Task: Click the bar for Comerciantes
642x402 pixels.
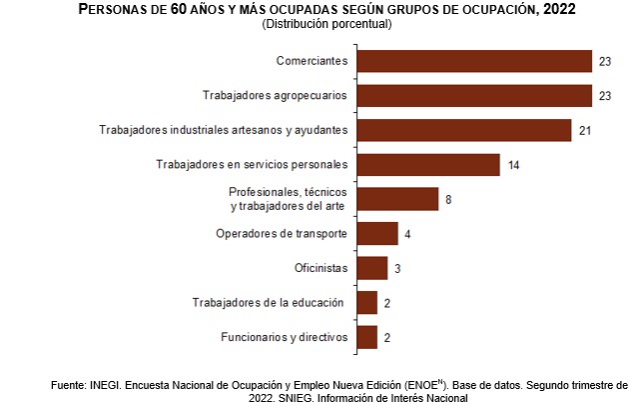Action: tap(474, 61)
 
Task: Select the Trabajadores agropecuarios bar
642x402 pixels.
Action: tap(474, 96)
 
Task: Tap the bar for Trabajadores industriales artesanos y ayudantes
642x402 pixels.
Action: tap(463, 130)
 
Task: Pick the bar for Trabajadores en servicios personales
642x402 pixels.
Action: tap(427, 164)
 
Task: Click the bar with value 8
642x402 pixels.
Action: tap(397, 199)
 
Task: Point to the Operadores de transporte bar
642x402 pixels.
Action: tap(376, 234)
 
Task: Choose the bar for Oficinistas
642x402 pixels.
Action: tap(371, 268)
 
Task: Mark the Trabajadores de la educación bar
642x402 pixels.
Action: tap(366, 302)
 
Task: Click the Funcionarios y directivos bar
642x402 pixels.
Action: tap(366, 337)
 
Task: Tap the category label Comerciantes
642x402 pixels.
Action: tap(312, 61)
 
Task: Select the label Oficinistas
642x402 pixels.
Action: tap(321, 268)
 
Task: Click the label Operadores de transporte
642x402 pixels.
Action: tap(282, 234)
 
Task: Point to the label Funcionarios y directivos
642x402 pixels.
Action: tap(284, 337)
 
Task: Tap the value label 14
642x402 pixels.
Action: tap(513, 165)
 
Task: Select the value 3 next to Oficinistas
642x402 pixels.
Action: tap(396, 269)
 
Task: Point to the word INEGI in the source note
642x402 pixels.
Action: tap(106, 384)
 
